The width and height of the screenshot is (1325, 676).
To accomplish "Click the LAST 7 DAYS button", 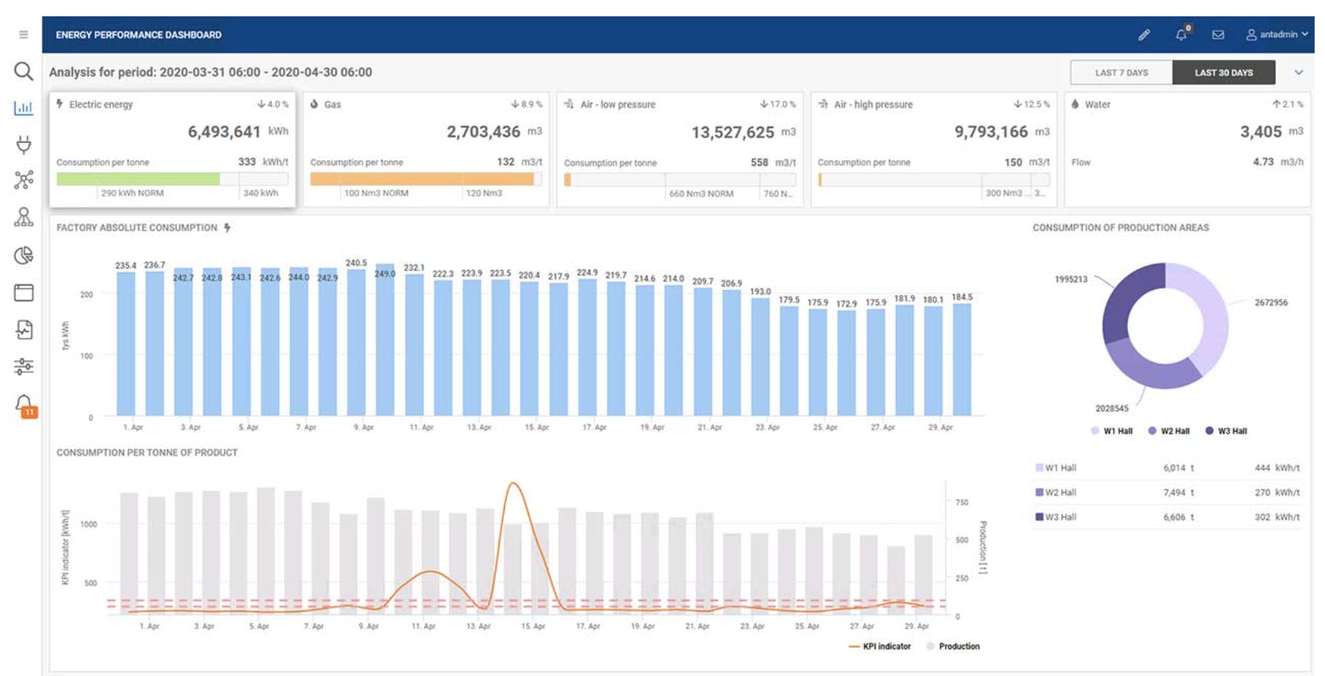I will [1120, 73].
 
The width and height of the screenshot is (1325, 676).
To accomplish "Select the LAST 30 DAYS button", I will [1223, 73].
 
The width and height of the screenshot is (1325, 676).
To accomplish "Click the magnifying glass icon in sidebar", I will [24, 71].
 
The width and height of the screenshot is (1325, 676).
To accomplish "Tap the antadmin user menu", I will [1277, 35].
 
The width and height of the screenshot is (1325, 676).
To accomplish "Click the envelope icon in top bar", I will [1218, 35].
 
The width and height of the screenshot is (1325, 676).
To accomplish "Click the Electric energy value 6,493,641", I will [224, 132].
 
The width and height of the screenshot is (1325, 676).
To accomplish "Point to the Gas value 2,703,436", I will [483, 132].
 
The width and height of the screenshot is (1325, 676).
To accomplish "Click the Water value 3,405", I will [1261, 132].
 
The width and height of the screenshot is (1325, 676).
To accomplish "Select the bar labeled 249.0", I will [385, 341].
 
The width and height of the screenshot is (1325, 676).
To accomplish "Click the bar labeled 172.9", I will [846, 363].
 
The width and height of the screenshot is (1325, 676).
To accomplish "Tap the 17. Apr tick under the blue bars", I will [594, 428].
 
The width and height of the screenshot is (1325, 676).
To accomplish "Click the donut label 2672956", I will [1270, 302].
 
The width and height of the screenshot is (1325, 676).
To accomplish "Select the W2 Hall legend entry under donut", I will [1169, 431].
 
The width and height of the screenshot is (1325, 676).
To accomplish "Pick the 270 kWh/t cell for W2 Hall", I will [1276, 493].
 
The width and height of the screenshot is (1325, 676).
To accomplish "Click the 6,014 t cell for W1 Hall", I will [1178, 468].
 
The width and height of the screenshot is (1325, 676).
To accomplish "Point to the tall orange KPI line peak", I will [514, 485].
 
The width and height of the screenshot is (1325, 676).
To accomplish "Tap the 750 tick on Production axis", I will [962, 503].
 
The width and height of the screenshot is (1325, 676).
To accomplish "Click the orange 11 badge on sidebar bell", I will [29, 412].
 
